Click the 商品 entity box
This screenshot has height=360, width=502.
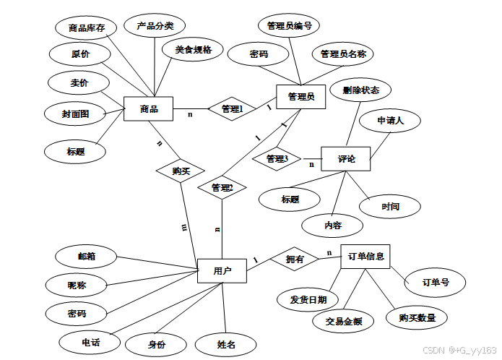tap(149, 110)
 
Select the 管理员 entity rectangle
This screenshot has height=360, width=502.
tap(300, 97)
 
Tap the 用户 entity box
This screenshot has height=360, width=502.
tap(222, 271)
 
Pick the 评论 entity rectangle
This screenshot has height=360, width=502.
tap(346, 158)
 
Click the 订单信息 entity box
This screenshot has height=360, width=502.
tap(365, 256)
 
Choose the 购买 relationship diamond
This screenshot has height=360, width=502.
tap(181, 171)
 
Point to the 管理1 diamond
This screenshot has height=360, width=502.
tap(232, 109)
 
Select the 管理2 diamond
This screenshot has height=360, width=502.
tap(222, 188)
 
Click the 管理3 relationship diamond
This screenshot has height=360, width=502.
tap(277, 158)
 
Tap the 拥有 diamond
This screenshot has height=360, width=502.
tap(294, 258)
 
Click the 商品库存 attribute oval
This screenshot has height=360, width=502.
tap(87, 28)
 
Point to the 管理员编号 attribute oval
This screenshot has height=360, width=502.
tap(289, 26)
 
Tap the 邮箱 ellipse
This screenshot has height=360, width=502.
tap(87, 256)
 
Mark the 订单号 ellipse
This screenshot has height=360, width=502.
tap(436, 283)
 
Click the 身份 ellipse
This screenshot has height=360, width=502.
tap(157, 344)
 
